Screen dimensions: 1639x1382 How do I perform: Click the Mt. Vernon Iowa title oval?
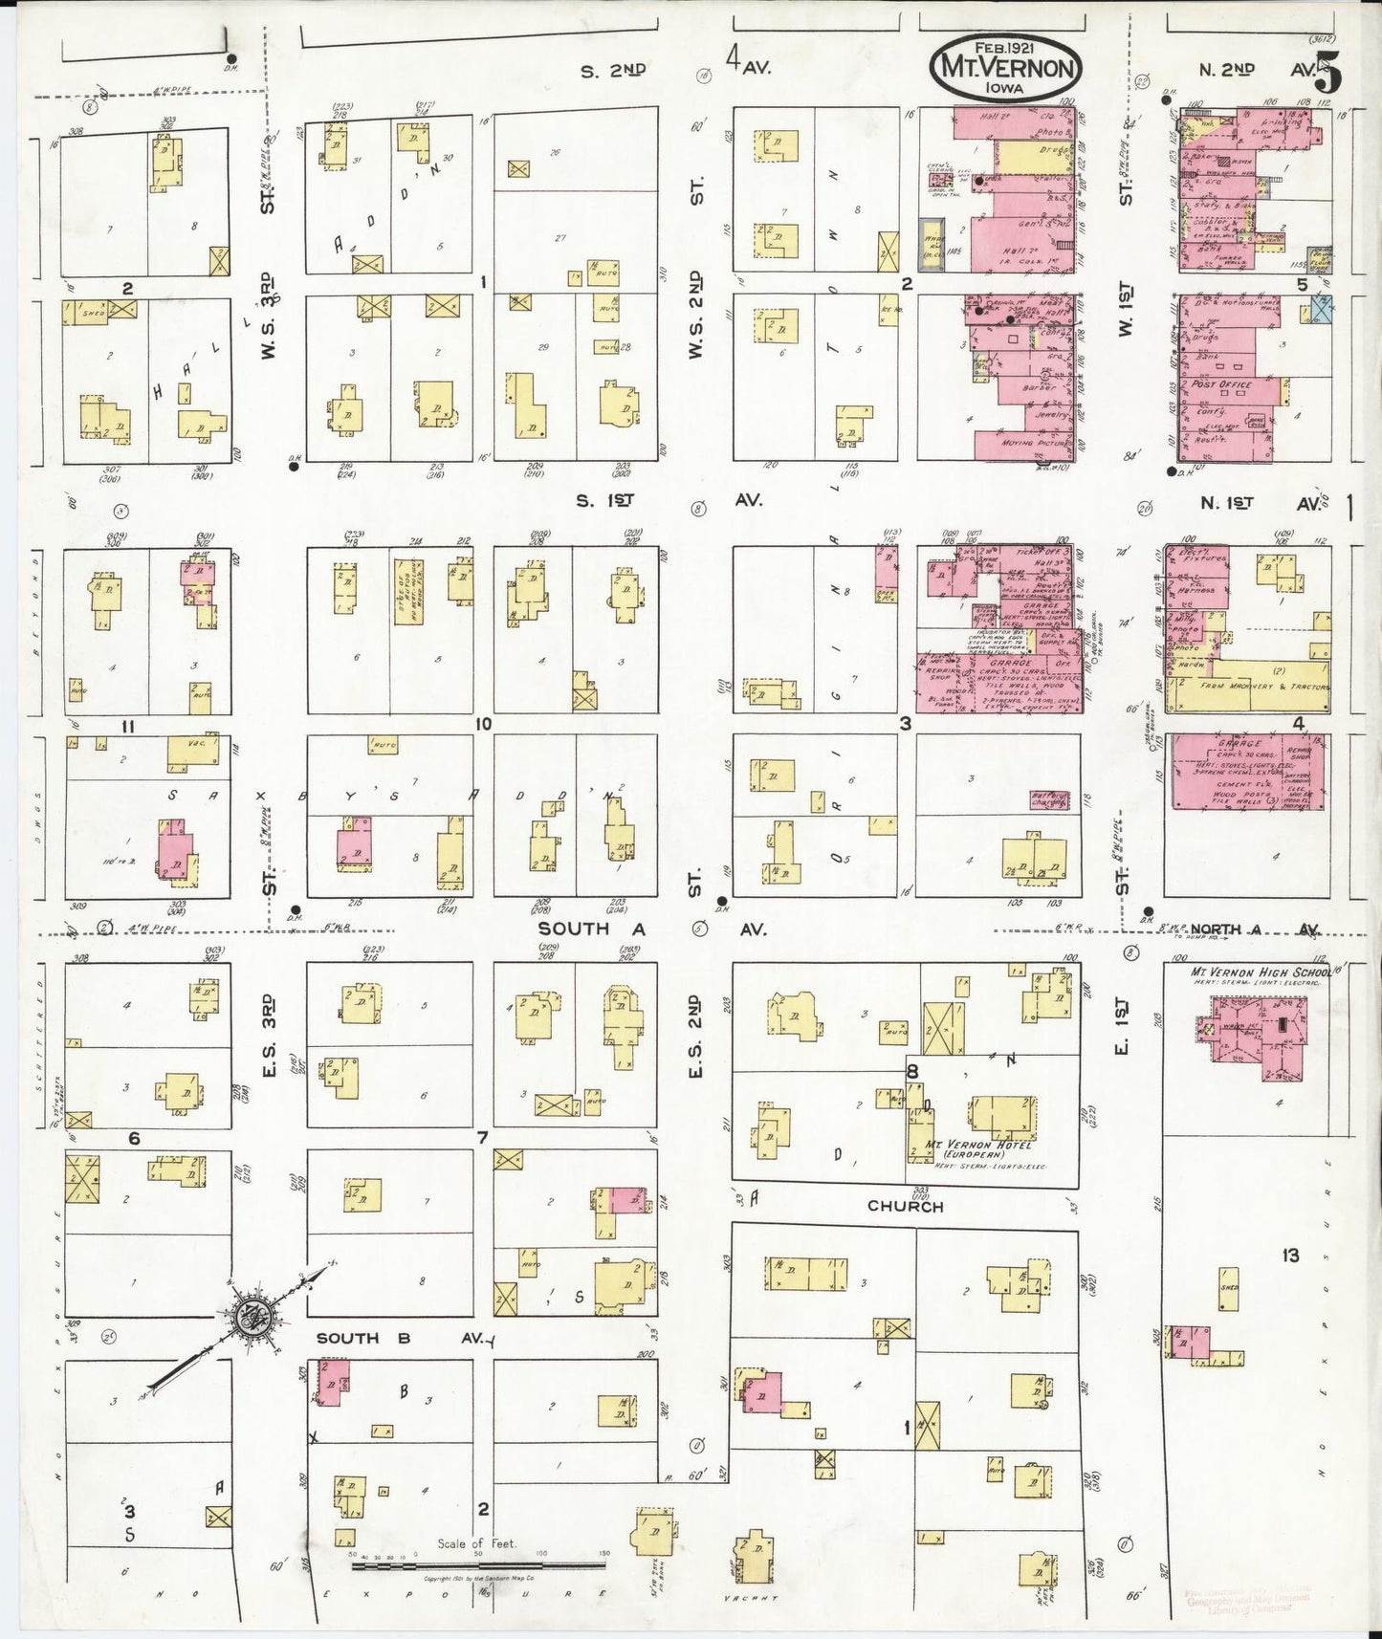(x=1005, y=66)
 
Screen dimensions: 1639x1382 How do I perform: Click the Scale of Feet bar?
(x=478, y=1565)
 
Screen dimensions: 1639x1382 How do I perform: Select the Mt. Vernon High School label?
(x=1259, y=972)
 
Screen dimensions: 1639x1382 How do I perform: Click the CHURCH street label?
(x=905, y=1206)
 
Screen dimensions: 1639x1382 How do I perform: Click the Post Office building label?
(x=1221, y=384)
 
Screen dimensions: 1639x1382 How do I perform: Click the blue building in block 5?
(x=1321, y=309)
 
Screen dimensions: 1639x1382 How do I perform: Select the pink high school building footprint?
(x=1253, y=1035)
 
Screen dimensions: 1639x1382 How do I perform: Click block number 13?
(x=1290, y=1255)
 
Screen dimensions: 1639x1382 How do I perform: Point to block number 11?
(x=127, y=727)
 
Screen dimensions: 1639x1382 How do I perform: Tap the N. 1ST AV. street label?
(x=1261, y=502)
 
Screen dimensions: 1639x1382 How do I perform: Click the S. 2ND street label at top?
(x=613, y=70)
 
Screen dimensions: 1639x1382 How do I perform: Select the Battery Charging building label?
(x=1048, y=799)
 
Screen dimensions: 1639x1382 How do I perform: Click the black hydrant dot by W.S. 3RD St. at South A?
(x=296, y=909)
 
